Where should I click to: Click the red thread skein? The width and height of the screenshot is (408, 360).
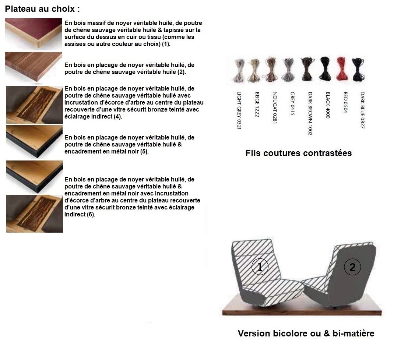point(343,69)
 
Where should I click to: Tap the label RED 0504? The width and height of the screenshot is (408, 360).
point(345,102)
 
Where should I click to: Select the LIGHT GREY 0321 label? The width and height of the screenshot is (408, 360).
point(239,110)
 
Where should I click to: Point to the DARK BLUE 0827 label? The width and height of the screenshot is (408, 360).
point(362,110)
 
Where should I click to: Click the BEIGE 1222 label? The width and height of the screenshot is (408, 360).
point(257,104)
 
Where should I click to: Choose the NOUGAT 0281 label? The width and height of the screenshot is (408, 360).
point(274,107)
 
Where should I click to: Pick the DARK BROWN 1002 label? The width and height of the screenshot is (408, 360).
point(310,113)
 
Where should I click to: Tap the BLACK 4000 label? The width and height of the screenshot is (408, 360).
point(328,105)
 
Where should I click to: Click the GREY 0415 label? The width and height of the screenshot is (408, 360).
point(292,103)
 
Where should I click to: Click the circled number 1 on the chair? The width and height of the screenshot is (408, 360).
point(260,267)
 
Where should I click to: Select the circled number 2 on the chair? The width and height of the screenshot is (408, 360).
point(352,267)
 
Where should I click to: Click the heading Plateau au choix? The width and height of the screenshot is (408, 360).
point(42,9)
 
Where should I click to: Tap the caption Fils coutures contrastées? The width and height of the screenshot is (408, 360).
point(299,153)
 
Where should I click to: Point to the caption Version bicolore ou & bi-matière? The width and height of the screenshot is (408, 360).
point(306,333)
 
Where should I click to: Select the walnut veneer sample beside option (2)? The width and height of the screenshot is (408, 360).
point(33,67)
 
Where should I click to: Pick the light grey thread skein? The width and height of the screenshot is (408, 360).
point(239,71)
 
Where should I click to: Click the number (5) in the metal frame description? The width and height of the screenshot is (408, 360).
point(144,151)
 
